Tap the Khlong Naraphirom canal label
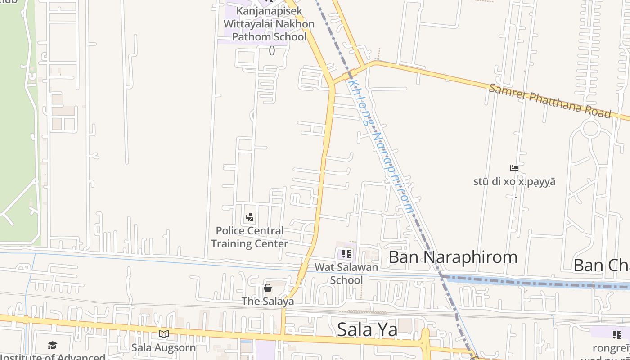[x=381, y=146]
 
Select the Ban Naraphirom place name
[x=453, y=257]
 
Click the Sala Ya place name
[x=367, y=329]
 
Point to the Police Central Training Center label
[x=250, y=237]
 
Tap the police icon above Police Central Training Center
[x=249, y=218]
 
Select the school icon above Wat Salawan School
[x=346, y=254]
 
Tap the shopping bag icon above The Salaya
[x=268, y=288]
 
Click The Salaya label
[x=268, y=301]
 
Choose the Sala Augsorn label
[x=163, y=347]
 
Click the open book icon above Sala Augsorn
[x=163, y=334]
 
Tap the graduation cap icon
[x=53, y=345]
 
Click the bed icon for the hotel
[x=514, y=169]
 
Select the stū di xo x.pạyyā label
[x=514, y=182]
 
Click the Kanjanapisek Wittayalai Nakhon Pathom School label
[x=269, y=23]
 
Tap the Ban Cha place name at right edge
[x=601, y=265]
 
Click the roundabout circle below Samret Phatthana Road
[x=590, y=129]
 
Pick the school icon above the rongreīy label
[x=616, y=334]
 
